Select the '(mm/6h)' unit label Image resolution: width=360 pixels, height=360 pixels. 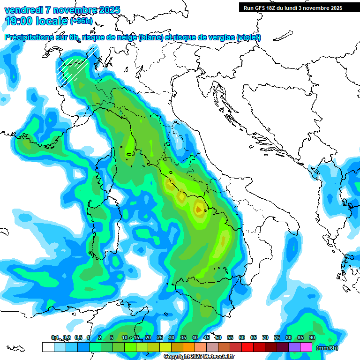coord(327,348)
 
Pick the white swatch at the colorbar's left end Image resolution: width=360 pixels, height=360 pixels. coord(48,347)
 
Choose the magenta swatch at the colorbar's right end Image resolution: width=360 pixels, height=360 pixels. coord(306,347)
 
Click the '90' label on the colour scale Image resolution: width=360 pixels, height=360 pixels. coord(312,338)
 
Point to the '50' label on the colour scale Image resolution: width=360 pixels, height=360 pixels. coord(218,338)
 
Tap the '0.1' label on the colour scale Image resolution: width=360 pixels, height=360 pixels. coord(54,338)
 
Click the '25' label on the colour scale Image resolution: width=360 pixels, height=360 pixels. coord(160,338)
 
